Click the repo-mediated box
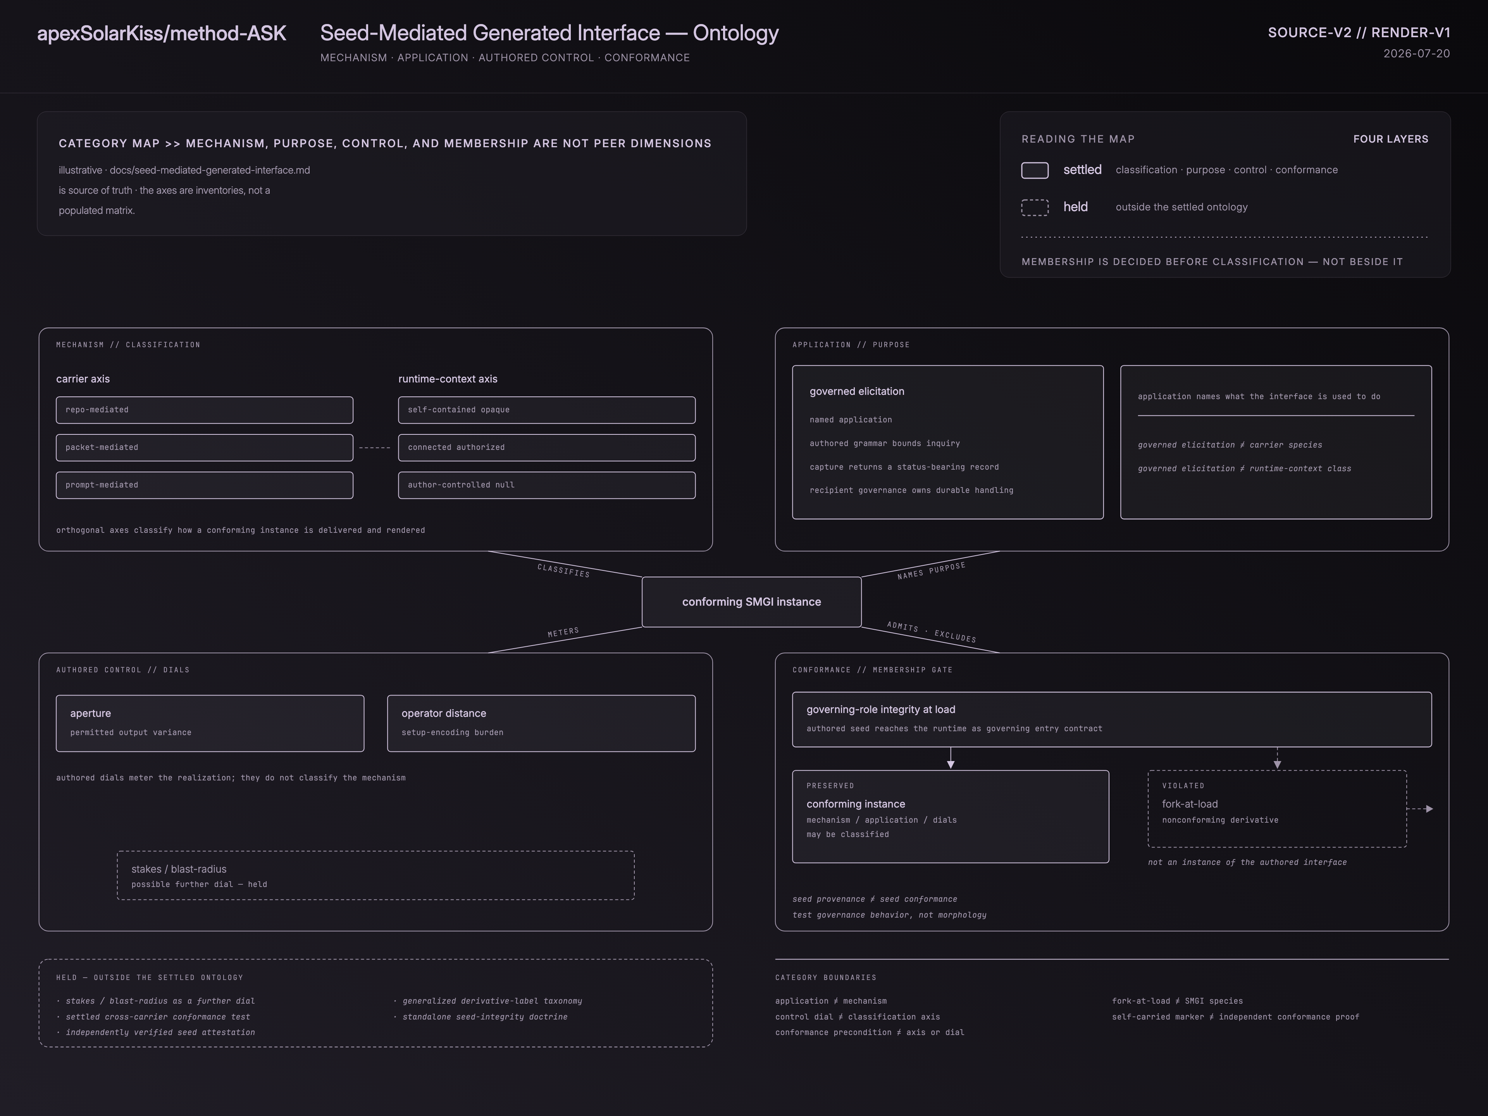click(205, 410)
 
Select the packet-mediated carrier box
click(205, 447)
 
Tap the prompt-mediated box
click(205, 485)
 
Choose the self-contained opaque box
click(547, 410)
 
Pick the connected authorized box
click(547, 447)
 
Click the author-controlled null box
click(547, 485)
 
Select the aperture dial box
click(210, 723)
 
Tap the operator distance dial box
click(541, 723)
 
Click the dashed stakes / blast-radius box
click(375, 875)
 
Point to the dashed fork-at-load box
click(1277, 809)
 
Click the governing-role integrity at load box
click(1112, 719)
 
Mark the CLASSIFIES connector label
click(564, 570)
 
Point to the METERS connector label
click(563, 632)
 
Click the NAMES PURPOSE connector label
click(931, 570)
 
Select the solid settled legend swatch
click(1035, 170)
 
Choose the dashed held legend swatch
click(1035, 207)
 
